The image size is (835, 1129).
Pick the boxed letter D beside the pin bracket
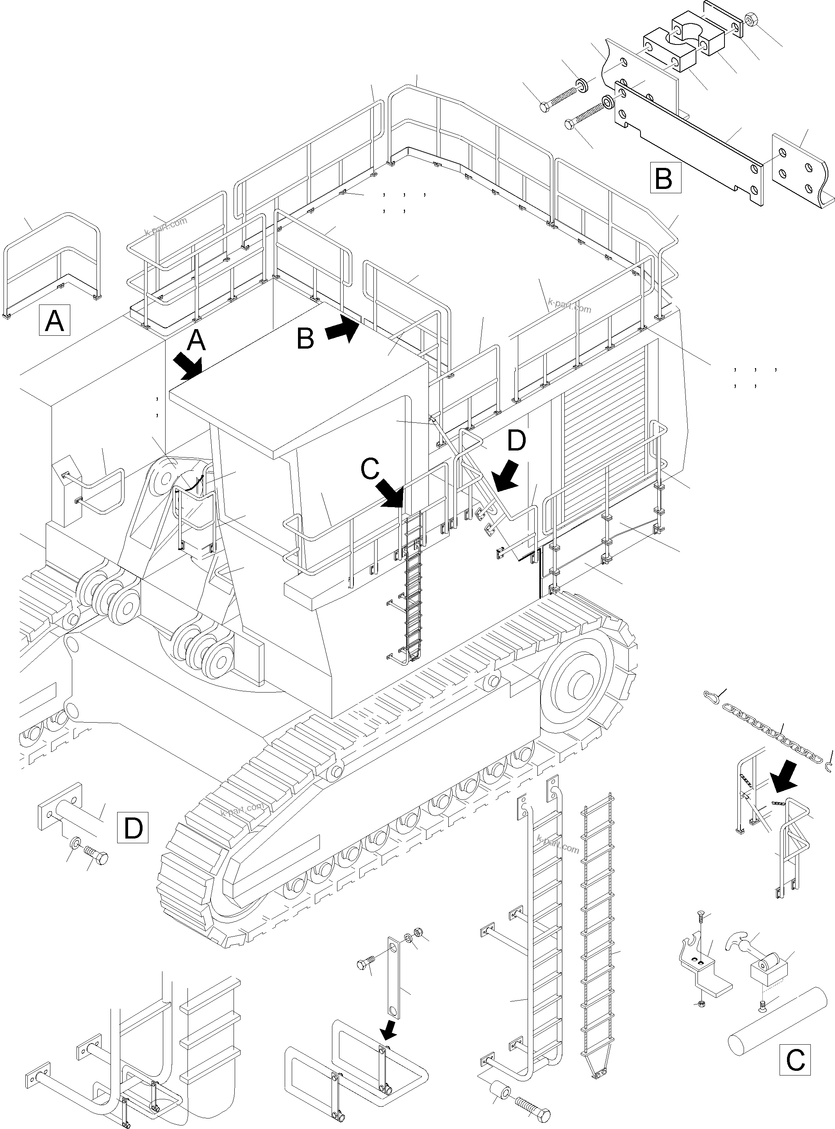click(133, 827)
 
